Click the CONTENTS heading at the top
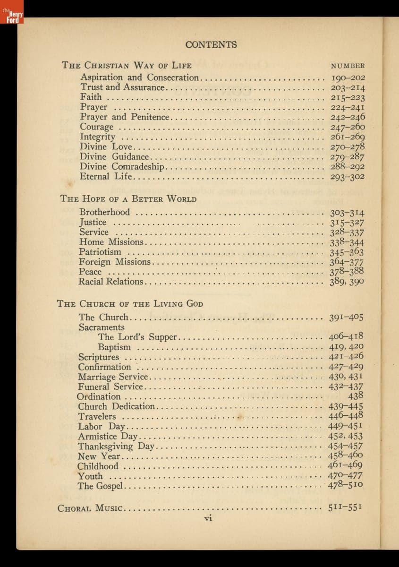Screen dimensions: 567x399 (211, 45)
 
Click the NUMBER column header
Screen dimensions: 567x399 (348, 66)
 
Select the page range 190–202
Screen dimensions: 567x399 (348, 78)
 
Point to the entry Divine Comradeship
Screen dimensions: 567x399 (122, 167)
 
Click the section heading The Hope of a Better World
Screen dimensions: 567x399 (128, 198)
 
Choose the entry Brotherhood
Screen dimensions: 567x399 (104, 212)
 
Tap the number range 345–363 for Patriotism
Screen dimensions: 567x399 (347, 252)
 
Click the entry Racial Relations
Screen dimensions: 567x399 (111, 282)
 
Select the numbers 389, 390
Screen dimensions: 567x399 (347, 282)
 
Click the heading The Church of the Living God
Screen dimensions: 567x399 (130, 303)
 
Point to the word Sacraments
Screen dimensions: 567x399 (102, 327)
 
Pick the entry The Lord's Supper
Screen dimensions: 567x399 (137, 337)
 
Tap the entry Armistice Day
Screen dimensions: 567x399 (108, 436)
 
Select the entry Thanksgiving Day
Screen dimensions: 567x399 (116, 446)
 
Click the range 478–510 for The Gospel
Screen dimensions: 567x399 (345, 485)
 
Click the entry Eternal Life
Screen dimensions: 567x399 (107, 177)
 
